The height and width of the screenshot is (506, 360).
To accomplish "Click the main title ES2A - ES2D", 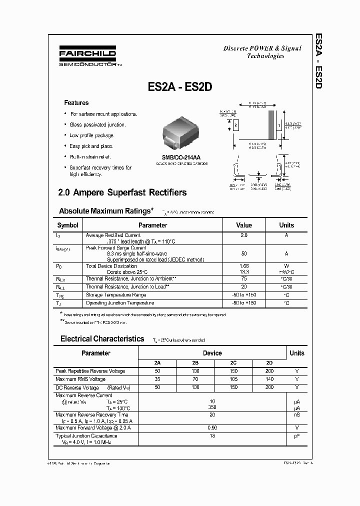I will (180, 86).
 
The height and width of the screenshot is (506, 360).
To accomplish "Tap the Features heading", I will (76, 103).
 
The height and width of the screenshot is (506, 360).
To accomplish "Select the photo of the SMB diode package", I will (180, 133).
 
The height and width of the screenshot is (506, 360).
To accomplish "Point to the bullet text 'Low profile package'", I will (92, 135).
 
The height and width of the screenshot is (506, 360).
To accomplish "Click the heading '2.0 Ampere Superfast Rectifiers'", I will (122, 192).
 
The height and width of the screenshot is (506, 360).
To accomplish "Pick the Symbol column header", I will (67, 225).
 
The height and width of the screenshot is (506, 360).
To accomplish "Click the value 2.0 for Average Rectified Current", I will (243, 235).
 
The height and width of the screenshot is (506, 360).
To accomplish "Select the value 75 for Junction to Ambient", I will (243, 278).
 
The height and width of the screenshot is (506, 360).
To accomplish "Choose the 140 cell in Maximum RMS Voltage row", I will (270, 379).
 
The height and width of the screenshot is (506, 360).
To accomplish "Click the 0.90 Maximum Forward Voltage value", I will (212, 427).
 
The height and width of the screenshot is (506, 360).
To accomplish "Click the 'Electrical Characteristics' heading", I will (102, 339).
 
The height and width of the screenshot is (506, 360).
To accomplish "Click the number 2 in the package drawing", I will (235, 124).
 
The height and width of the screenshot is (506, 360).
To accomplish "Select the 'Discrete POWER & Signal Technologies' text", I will (262, 52).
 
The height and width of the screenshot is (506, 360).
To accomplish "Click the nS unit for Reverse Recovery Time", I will (296, 415).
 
